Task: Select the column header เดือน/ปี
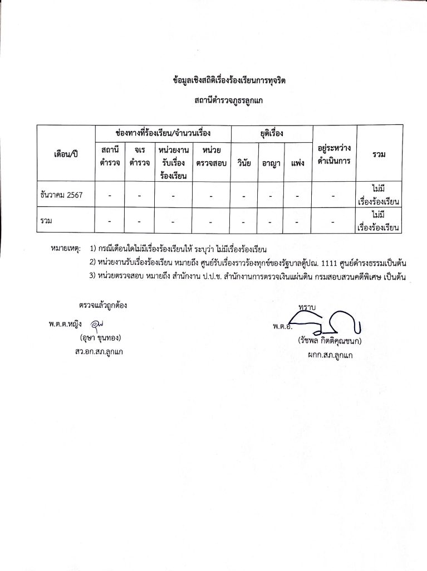pos(66,153)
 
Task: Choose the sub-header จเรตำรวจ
pos(139,157)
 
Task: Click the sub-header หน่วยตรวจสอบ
pos(212,157)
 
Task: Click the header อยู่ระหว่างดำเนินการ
pos(333,157)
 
